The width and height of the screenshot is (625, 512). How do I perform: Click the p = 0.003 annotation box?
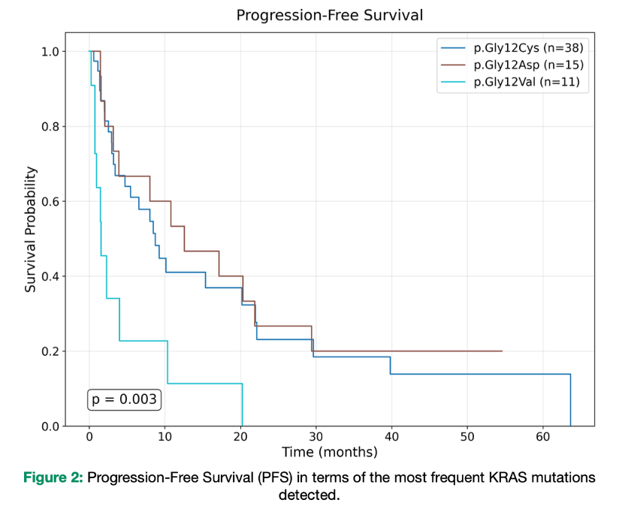124,399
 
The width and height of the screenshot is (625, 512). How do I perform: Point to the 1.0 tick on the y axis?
51,52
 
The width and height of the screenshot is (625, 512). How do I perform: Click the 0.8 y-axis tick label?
51,127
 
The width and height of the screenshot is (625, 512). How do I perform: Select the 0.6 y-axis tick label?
51,202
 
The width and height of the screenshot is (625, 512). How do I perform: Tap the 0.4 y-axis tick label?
51,277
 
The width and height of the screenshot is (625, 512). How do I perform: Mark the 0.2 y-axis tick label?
51,352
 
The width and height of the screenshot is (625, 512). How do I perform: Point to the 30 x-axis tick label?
316,438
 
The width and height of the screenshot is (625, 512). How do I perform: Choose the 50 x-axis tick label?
466,438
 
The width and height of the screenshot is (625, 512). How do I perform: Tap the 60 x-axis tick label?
542,438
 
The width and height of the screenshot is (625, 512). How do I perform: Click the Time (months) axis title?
330,453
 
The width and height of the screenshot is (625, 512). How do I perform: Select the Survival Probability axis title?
31,230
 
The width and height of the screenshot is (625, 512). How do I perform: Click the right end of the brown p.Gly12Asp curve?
501,351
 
